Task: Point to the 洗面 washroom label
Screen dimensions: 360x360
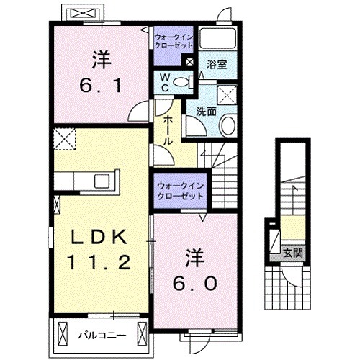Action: (x=207, y=111)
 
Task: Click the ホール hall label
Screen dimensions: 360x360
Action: (x=167, y=133)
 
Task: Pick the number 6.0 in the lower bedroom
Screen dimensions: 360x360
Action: (x=194, y=283)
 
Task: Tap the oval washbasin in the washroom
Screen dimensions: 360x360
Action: (x=228, y=127)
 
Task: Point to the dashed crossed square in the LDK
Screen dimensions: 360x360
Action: (x=63, y=137)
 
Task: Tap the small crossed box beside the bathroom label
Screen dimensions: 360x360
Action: (x=189, y=63)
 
